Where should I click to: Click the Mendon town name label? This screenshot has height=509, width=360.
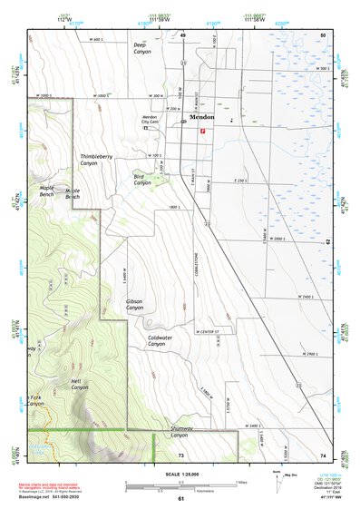point(202,117)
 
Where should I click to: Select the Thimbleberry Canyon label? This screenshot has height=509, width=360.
point(95,160)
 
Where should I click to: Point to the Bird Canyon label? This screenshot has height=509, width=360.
point(142,180)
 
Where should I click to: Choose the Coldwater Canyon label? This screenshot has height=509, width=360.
point(160,341)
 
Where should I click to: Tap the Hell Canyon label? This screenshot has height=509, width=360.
point(80,384)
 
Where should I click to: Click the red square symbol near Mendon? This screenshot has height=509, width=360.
point(202,131)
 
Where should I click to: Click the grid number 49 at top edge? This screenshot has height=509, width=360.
point(182,34)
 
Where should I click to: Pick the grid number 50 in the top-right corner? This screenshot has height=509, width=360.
point(322,34)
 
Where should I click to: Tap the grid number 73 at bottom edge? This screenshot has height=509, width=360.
point(181,454)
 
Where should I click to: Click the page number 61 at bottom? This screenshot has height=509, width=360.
point(181,498)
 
